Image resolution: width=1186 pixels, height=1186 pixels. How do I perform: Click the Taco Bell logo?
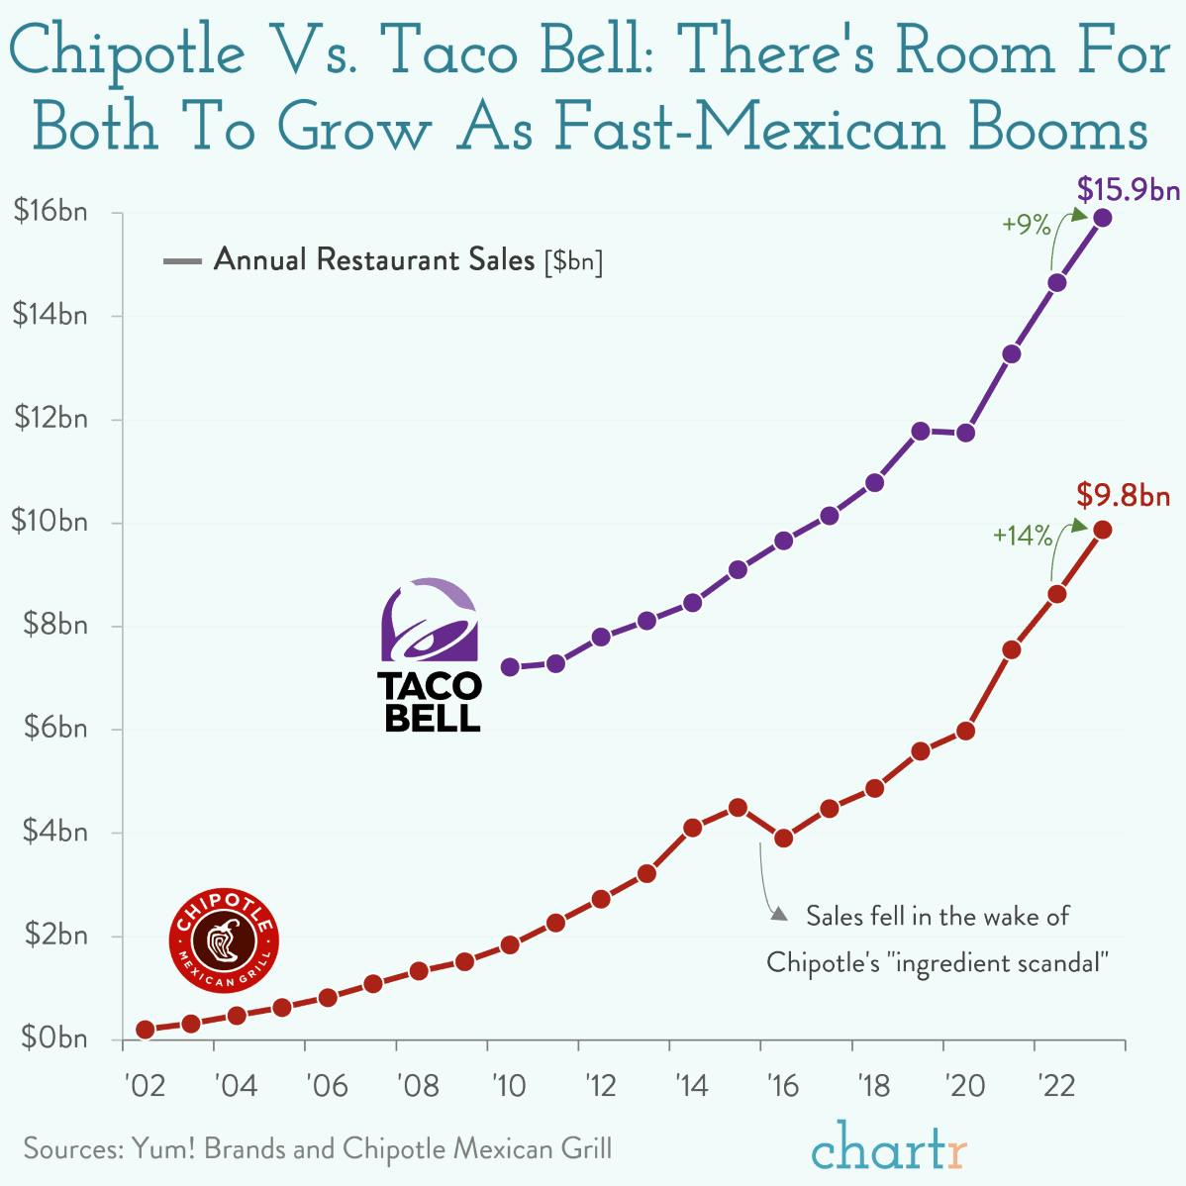pyautogui.click(x=431, y=654)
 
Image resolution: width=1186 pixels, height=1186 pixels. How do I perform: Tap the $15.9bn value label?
pyautogui.click(x=1128, y=188)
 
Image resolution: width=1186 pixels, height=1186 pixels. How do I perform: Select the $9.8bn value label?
pyautogui.click(x=1124, y=494)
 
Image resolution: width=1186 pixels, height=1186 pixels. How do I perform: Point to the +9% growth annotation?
pyautogui.click(x=1026, y=225)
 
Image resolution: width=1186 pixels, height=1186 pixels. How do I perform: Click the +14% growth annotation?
pyautogui.click(x=1023, y=536)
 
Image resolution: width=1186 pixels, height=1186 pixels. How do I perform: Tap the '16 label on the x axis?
pyautogui.click(x=781, y=1086)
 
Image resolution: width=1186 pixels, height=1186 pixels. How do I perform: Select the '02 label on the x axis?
pyautogui.click(x=145, y=1086)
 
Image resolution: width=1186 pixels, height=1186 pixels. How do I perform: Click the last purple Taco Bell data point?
pyautogui.click(x=1102, y=218)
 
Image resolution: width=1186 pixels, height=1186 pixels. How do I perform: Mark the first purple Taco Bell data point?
pyautogui.click(x=510, y=667)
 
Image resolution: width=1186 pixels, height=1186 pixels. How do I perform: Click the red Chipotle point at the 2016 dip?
pyautogui.click(x=783, y=839)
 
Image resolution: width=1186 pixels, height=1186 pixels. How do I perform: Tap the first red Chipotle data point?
pyautogui.click(x=146, y=1030)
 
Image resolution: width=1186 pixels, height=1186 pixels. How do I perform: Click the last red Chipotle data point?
pyautogui.click(x=1102, y=530)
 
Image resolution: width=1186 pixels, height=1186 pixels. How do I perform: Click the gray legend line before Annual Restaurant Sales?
pyautogui.click(x=182, y=261)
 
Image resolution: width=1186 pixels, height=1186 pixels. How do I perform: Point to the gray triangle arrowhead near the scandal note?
pyautogui.click(x=779, y=915)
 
